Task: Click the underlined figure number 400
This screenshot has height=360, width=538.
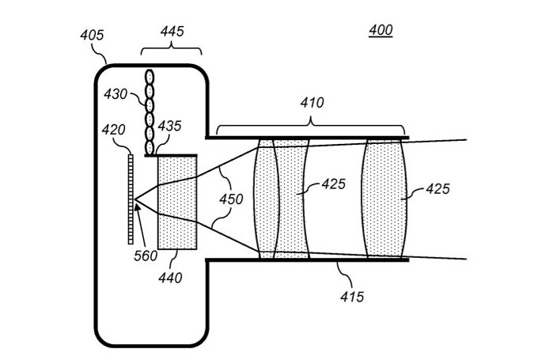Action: (381, 31)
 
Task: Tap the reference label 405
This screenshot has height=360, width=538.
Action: (92, 35)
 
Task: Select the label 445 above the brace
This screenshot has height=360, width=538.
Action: (172, 31)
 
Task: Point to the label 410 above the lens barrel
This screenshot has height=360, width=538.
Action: (312, 102)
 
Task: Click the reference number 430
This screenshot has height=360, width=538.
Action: (116, 93)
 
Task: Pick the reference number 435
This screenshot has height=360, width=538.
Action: (169, 126)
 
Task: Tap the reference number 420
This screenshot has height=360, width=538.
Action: (114, 130)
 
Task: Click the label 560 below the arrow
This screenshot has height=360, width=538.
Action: (146, 256)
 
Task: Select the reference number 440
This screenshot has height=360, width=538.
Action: (170, 278)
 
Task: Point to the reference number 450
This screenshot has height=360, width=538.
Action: (231, 199)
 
